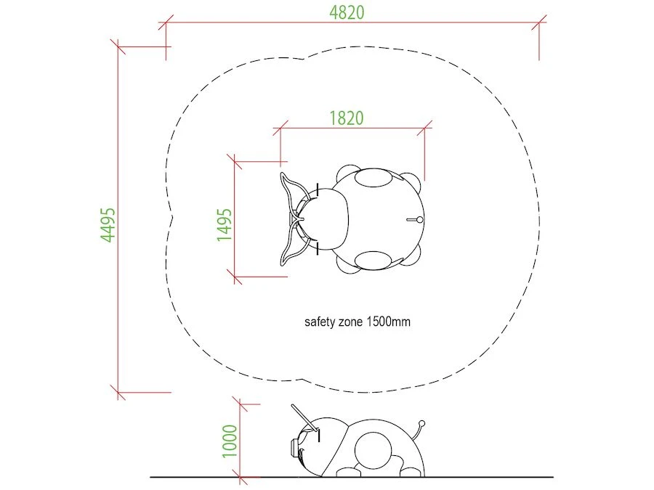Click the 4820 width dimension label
[x=347, y=12]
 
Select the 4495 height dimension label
[x=108, y=224]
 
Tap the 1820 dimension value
[x=346, y=118]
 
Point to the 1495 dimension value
[x=224, y=224]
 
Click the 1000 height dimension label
[x=230, y=441]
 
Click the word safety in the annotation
[x=320, y=322]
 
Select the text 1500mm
[x=388, y=322]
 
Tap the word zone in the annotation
[x=351, y=322]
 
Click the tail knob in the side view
[x=421, y=424]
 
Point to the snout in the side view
[x=294, y=448]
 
